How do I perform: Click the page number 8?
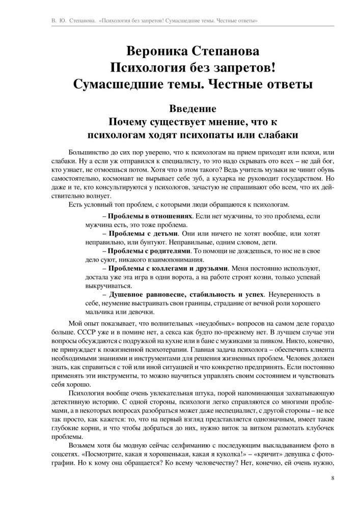coord(332,478)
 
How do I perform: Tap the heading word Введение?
coord(180,109)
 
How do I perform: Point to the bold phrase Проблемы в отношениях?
coord(150,216)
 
